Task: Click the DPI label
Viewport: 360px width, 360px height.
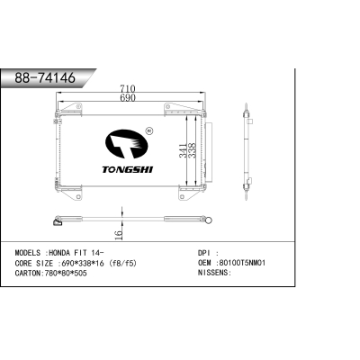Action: (x=203, y=252)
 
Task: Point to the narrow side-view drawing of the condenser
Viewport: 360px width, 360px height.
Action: (x=248, y=153)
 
